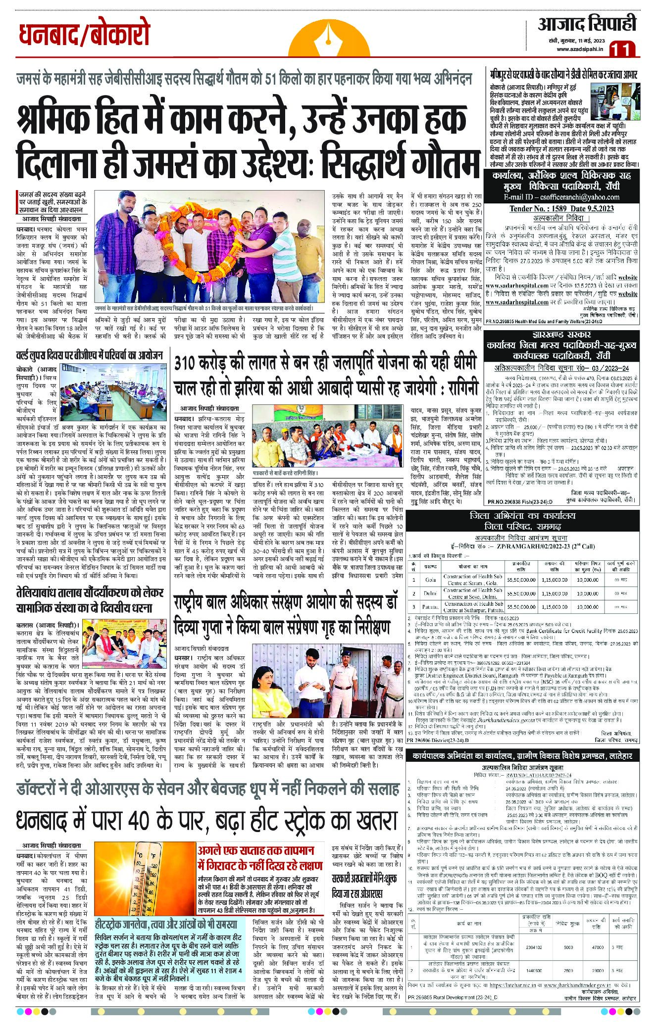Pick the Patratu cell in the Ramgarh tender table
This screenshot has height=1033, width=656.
(x=430, y=606)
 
